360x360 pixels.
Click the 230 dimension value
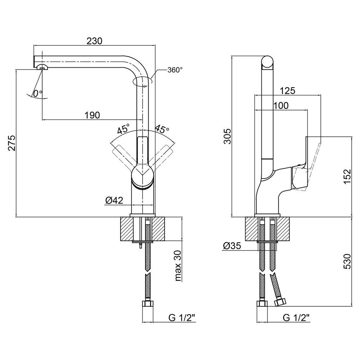[94, 41]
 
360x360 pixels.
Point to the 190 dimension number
[92, 115]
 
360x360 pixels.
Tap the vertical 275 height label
[12, 143]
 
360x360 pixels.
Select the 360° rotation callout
[175, 70]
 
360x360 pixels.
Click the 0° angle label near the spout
[38, 93]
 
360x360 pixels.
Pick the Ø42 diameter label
[114, 201]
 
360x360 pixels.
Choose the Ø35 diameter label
[232, 246]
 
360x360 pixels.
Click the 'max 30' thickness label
[178, 266]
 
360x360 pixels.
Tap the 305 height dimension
[227, 136]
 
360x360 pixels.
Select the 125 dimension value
[287, 91]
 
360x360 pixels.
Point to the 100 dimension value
[281, 105]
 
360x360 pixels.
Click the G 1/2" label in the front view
[182, 318]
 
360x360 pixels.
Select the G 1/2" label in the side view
[296, 318]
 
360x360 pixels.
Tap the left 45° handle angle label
[123, 129]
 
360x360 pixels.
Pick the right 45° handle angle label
[162, 129]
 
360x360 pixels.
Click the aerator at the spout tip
[42, 67]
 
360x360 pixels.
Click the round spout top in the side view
[267, 62]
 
